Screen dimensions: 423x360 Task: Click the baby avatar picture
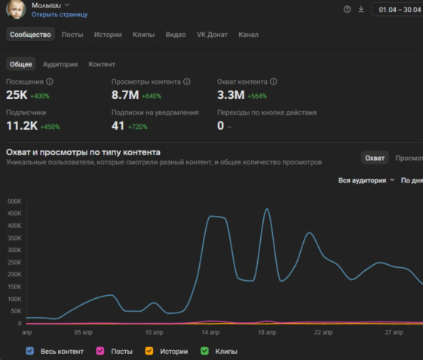click(x=16, y=9)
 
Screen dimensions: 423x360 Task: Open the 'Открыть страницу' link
click(x=60, y=14)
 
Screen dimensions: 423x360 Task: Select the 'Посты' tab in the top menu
click(x=72, y=35)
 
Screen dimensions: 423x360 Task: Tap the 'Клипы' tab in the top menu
click(x=143, y=35)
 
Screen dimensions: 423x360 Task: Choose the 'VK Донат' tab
click(x=212, y=35)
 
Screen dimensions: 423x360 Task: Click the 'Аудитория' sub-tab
click(x=60, y=64)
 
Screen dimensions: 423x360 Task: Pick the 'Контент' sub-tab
click(x=102, y=64)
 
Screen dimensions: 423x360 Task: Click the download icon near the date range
click(x=361, y=10)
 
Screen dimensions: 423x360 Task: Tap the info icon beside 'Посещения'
click(x=50, y=82)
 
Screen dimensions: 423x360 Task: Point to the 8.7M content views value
click(x=125, y=95)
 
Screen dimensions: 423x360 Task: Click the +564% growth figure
click(x=257, y=96)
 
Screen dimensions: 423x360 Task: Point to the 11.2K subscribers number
click(x=22, y=125)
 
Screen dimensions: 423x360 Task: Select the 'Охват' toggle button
click(x=375, y=158)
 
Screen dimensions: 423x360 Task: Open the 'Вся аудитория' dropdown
click(x=366, y=180)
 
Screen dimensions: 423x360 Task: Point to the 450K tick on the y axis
click(x=14, y=214)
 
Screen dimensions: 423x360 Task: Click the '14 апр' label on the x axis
click(x=210, y=332)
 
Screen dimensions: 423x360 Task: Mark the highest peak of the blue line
click(x=267, y=209)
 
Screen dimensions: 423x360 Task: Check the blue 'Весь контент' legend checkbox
click(x=29, y=351)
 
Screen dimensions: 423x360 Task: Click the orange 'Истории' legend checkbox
click(x=149, y=351)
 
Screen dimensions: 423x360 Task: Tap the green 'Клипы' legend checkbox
click(x=204, y=351)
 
